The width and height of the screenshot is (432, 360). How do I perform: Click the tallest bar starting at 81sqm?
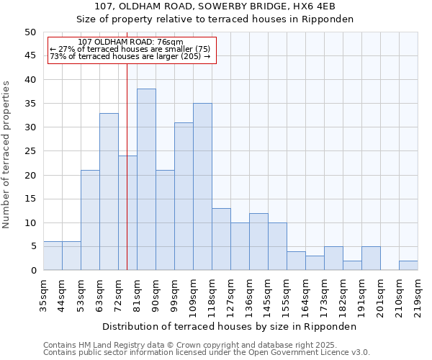(146, 179)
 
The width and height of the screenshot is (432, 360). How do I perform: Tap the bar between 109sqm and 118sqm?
(202, 186)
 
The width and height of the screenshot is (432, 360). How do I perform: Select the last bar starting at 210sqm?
(408, 265)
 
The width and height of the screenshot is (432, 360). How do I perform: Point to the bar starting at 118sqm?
(221, 239)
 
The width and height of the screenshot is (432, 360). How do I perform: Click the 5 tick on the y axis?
(32, 246)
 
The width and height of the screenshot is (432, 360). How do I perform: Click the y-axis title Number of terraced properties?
(7, 154)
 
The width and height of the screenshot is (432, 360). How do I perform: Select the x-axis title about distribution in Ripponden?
(230, 326)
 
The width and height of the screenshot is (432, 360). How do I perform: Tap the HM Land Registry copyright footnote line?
(189, 345)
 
